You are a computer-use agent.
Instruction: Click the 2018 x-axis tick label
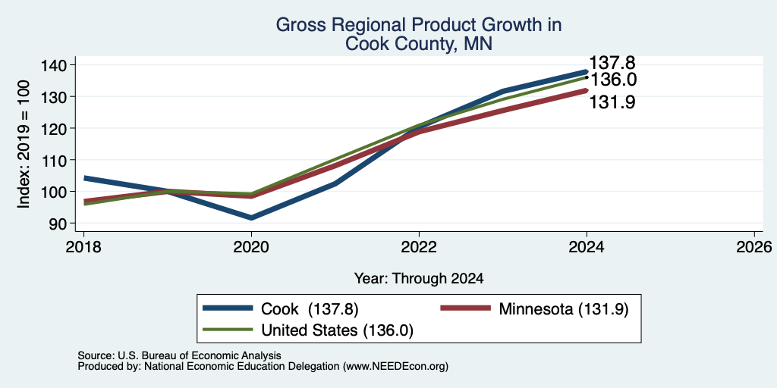(x=83, y=246)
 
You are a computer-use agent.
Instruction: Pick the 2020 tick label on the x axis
(x=252, y=246)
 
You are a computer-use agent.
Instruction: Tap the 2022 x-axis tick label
(x=419, y=246)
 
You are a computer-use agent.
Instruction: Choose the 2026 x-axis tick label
(x=754, y=246)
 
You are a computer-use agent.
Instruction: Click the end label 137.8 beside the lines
(x=612, y=63)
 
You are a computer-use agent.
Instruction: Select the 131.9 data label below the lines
(x=612, y=102)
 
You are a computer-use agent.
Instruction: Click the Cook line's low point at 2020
(x=252, y=217)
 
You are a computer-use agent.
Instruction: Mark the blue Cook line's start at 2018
(x=85, y=177)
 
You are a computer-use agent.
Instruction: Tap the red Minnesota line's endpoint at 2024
(x=587, y=91)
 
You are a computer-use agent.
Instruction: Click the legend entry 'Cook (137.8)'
(x=281, y=309)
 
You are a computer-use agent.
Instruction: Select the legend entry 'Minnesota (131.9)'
(x=535, y=309)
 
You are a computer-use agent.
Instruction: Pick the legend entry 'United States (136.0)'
(x=308, y=330)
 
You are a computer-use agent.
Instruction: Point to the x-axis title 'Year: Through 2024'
(x=419, y=279)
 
